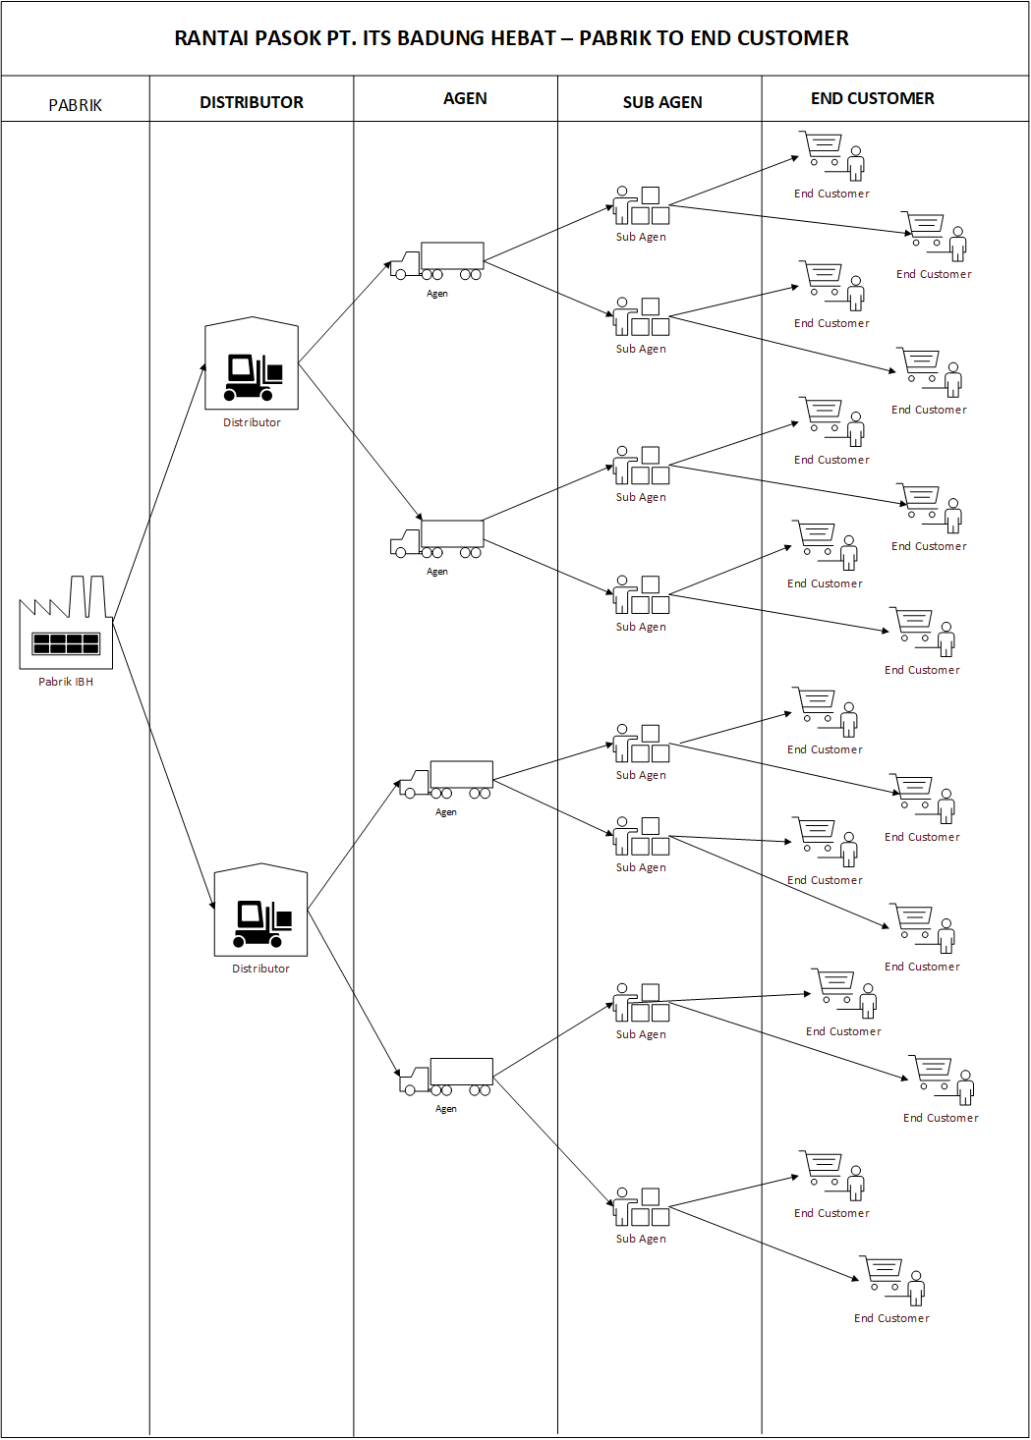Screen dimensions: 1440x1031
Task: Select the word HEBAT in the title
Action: coord(524,38)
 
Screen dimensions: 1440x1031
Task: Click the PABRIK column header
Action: coord(75,105)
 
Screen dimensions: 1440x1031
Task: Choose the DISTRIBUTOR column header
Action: coord(252,102)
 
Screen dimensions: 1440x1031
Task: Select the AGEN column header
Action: coord(465,98)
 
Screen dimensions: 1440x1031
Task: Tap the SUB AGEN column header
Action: coord(662,102)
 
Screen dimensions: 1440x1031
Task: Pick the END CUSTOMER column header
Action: coord(873,98)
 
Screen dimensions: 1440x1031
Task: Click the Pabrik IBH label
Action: coord(66,682)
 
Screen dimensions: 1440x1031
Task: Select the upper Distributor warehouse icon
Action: coord(252,364)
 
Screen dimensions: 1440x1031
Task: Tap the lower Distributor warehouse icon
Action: coord(260,911)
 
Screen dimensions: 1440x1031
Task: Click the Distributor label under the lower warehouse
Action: coord(260,969)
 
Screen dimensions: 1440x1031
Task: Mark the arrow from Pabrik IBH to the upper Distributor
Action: coord(159,491)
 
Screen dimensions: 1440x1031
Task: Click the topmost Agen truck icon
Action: coord(437,262)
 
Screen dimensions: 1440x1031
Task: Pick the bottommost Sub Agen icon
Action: coord(641,1207)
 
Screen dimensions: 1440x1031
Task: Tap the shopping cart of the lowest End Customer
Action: coord(884,1272)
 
